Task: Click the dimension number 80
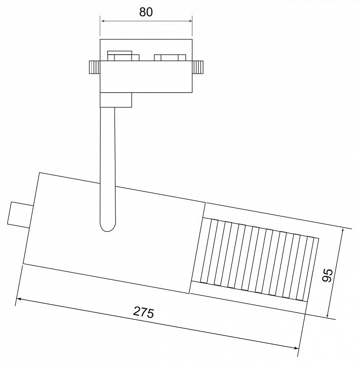tap(146, 12)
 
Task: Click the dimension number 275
tap(143, 312)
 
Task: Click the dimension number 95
tap(328, 275)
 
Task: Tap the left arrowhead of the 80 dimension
tap(103, 21)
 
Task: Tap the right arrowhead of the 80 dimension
tap(189, 21)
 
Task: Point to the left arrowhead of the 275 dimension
tap(19, 299)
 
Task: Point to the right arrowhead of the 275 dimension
tap(296, 348)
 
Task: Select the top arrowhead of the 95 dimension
tap(342, 231)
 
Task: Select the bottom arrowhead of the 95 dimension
tap(328, 315)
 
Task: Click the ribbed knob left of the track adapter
tap(95, 67)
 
